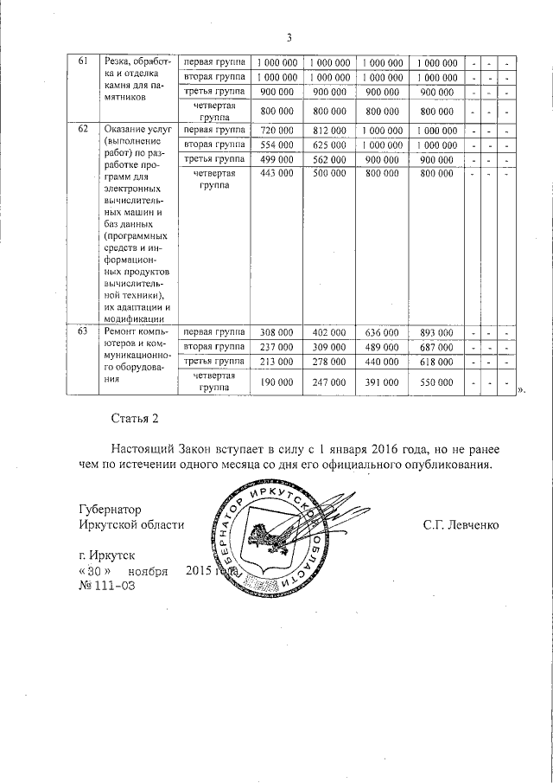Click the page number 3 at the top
(289, 37)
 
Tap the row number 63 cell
(83, 332)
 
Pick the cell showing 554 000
(277, 144)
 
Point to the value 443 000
(277, 174)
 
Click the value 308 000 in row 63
(277, 332)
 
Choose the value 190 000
(277, 381)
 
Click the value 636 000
(382, 332)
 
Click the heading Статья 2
(136, 420)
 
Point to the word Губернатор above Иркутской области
(110, 510)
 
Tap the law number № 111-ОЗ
(106, 586)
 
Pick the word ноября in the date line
(148, 571)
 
